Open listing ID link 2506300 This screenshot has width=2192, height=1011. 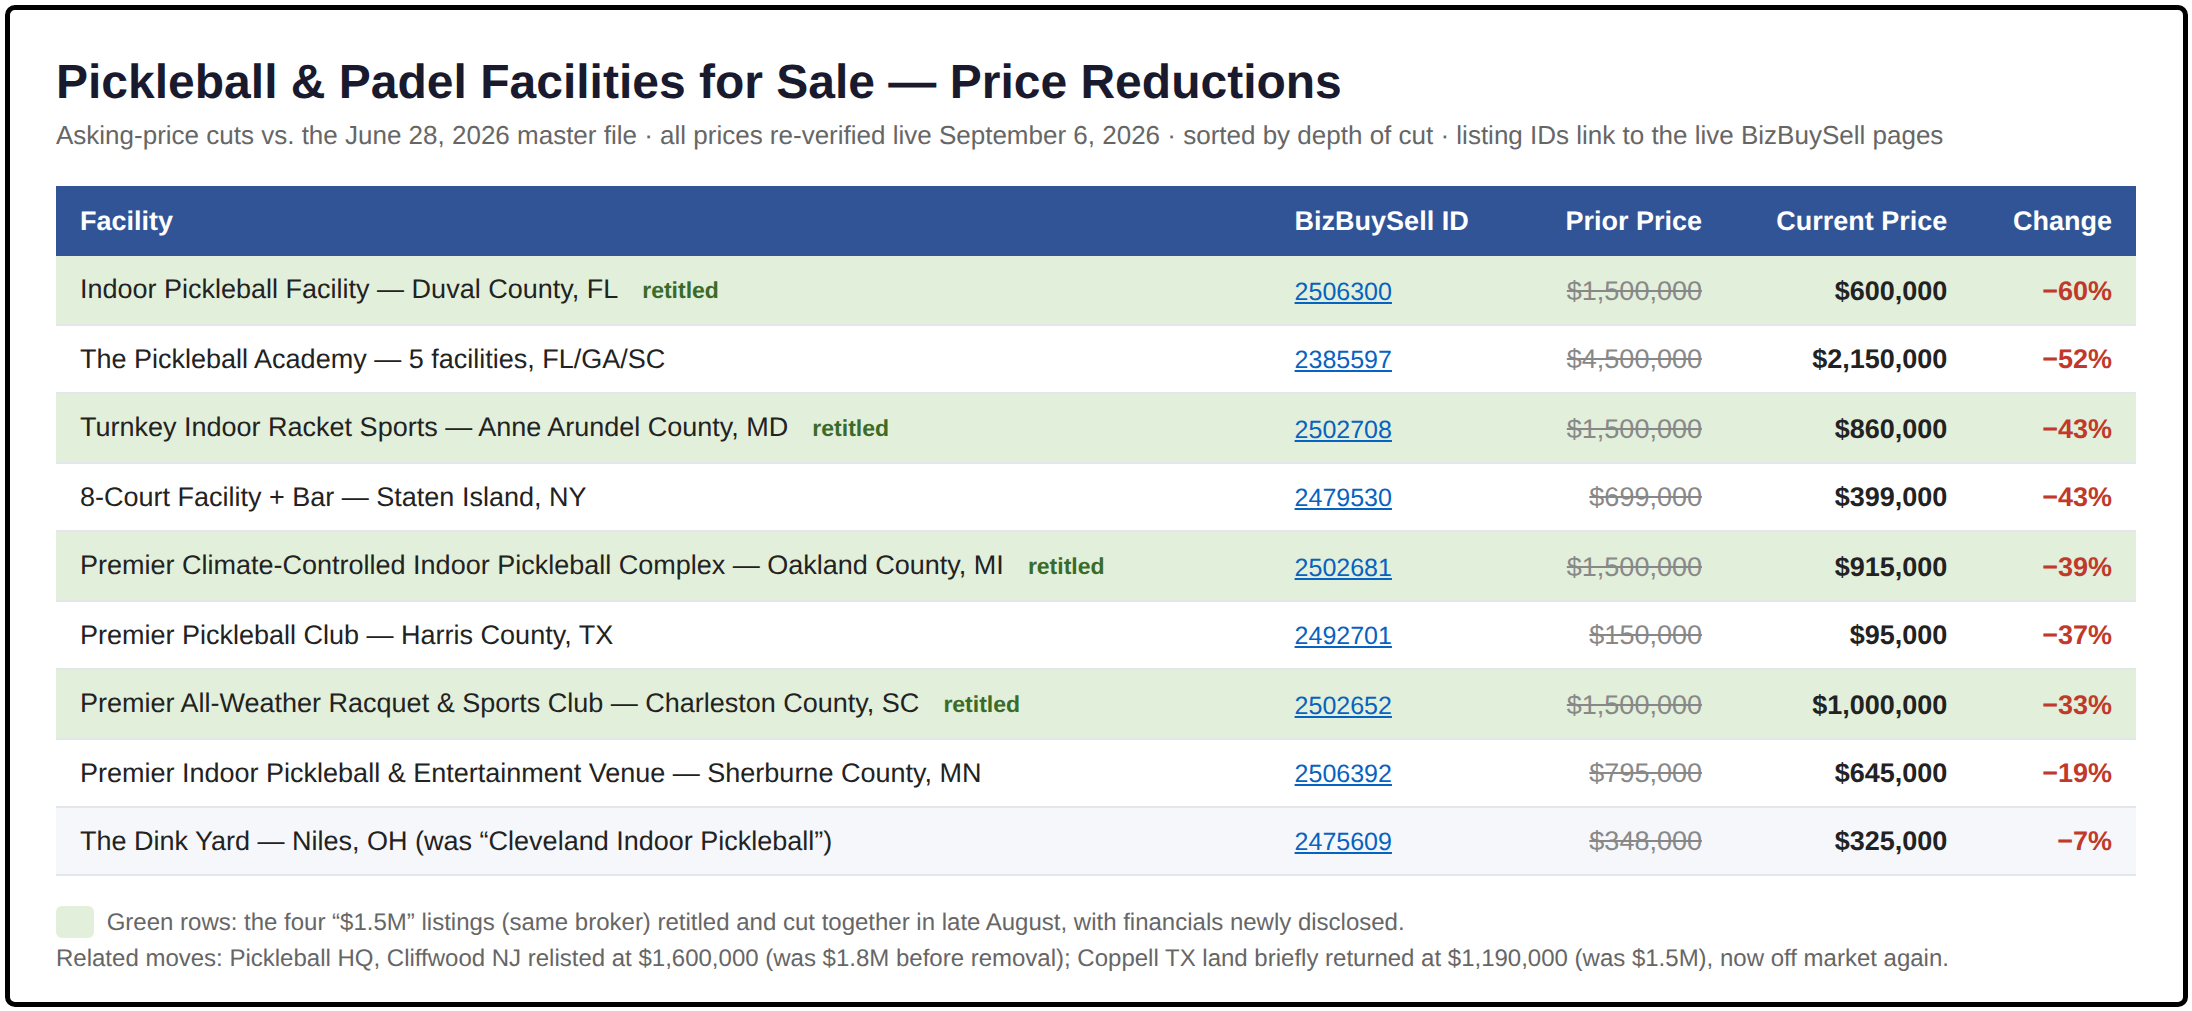click(x=1342, y=291)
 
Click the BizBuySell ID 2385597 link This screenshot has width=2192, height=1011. click(x=1342, y=359)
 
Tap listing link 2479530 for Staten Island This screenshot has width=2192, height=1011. click(x=1342, y=497)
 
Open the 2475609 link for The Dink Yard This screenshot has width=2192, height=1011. click(x=1342, y=841)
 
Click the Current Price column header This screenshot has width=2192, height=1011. click(x=1861, y=221)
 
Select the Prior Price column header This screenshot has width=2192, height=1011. click(x=1633, y=221)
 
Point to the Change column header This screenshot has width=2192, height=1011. click(x=2062, y=221)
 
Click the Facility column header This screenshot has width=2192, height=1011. click(x=126, y=221)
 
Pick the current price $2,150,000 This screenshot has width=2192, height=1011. click(x=1879, y=359)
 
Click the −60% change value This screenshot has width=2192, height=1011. click(x=2077, y=291)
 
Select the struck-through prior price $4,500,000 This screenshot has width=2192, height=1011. click(x=1634, y=359)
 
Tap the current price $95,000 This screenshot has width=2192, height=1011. click(x=1898, y=635)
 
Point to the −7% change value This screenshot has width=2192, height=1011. click(x=2084, y=841)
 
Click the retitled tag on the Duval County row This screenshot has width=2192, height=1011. click(x=680, y=290)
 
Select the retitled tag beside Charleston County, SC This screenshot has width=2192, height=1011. click(x=981, y=704)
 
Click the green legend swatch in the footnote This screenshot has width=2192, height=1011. click(x=75, y=921)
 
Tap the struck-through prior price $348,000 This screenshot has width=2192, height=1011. click(x=1645, y=841)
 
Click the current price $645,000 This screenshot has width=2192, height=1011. click(x=1890, y=773)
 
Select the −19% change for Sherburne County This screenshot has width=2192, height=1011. click(x=2077, y=773)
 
